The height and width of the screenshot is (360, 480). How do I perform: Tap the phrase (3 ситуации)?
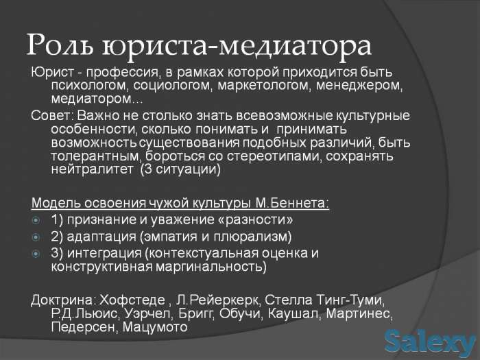point(181,171)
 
